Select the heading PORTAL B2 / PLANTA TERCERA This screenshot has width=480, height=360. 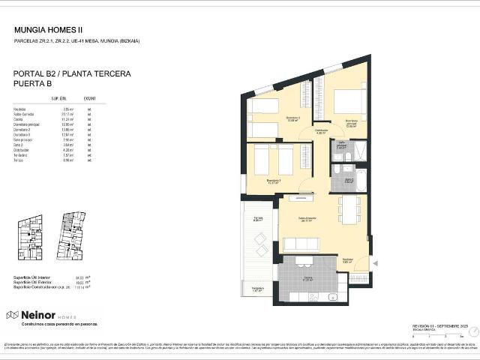[x=72, y=73]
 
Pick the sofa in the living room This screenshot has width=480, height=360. [x=301, y=244]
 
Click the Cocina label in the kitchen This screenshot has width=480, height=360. [x=307, y=279]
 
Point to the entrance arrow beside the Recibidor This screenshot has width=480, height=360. [x=376, y=262]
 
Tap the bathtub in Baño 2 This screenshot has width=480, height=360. [x=360, y=181]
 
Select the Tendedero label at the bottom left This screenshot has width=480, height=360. [x=257, y=289]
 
